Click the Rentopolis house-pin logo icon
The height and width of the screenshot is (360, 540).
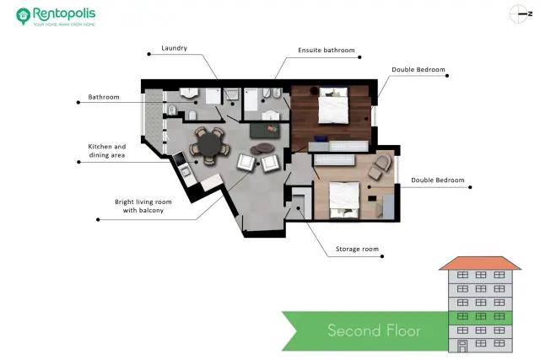point(23,16)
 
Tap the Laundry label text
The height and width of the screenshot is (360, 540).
point(175,48)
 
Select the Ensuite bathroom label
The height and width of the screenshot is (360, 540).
point(327,51)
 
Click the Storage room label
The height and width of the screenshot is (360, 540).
point(357,249)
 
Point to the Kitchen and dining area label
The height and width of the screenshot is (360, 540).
point(107,151)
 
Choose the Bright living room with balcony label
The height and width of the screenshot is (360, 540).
point(143,206)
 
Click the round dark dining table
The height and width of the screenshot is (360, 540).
point(209,145)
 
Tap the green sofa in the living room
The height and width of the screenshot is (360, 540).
point(264,130)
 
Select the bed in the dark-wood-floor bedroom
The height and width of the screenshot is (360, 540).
point(333,105)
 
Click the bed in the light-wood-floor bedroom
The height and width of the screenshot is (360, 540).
point(344,200)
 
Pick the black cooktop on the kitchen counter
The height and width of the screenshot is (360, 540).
point(179,159)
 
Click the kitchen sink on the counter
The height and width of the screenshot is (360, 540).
point(186,170)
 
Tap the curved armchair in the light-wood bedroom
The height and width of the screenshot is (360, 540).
point(383,161)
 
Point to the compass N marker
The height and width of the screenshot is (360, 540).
point(531,14)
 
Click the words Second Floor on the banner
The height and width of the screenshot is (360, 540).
point(374,330)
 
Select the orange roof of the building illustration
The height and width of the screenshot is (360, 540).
point(480,263)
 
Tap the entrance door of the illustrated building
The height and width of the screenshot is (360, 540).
point(462,346)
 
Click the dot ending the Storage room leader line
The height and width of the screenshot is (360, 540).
point(382,256)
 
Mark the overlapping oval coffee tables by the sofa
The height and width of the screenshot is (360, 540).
point(262,148)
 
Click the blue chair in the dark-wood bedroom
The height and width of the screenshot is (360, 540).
point(321,138)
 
